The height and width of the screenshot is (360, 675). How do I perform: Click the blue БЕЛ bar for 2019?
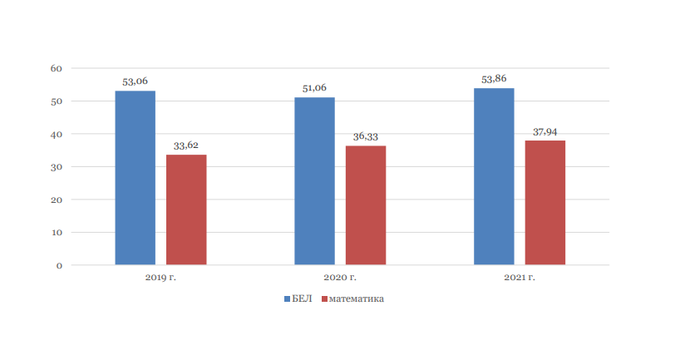click(x=135, y=178)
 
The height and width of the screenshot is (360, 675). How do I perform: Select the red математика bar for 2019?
click(x=186, y=210)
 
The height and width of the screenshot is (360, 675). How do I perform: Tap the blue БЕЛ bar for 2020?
click(x=315, y=181)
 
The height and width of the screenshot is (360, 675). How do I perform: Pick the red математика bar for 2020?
click(x=366, y=205)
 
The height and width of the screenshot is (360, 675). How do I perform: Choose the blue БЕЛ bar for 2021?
click(x=494, y=176)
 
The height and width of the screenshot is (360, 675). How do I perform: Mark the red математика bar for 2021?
click(x=545, y=203)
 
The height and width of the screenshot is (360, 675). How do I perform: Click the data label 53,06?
click(x=135, y=81)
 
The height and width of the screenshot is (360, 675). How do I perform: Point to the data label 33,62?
click(x=186, y=145)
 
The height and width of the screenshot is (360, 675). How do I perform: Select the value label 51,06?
click(x=315, y=88)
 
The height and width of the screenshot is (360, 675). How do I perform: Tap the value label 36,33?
click(x=366, y=136)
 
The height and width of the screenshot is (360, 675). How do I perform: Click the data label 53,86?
click(x=494, y=79)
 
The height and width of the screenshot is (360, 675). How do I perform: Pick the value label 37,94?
click(x=545, y=131)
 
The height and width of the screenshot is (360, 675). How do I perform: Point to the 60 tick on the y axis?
click(x=56, y=68)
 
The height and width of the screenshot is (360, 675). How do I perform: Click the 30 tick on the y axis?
click(x=56, y=167)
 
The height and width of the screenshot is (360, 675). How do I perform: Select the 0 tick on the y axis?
click(x=59, y=265)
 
